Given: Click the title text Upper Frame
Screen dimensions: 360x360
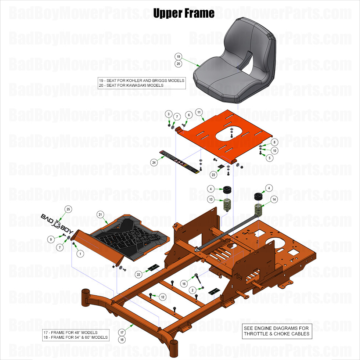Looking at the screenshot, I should pos(184,14).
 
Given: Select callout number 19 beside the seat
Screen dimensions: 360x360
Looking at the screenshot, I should pos(178,57).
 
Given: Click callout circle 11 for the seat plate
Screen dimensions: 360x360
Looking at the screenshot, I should pos(199,112).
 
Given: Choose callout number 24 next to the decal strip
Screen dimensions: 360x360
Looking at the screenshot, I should pos(154,162).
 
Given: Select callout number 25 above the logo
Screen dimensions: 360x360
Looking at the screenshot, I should pos(68,209).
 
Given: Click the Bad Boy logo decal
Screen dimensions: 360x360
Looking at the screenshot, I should pos(57,224).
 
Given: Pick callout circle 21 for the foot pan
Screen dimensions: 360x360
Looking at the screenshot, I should pos(100,214).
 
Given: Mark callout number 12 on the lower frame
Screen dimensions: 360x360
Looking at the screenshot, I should pos(163,296).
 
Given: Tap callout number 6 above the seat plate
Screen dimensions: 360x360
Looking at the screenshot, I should pos(189,115).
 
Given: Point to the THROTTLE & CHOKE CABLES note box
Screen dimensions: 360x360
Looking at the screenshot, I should pos(277,331).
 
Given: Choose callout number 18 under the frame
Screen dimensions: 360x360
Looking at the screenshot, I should pos(122,340).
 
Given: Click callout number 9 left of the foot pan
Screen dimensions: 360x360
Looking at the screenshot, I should pos(51,240).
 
